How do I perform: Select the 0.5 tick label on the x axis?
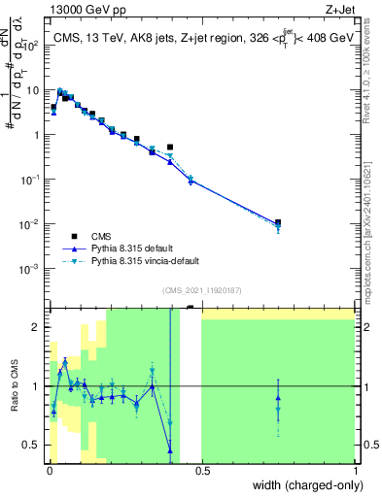[202, 472]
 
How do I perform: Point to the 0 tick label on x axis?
[50, 472]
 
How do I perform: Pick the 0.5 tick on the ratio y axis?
[34, 445]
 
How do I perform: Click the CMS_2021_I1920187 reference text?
[200, 290]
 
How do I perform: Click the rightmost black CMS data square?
[278, 222]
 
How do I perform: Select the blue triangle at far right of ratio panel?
[278, 397]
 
